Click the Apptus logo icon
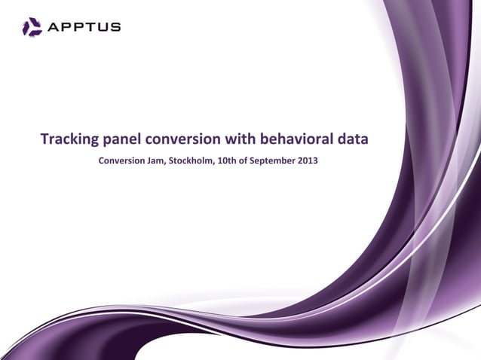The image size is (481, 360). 32,28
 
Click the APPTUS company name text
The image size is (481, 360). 83,28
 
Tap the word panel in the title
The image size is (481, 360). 124,139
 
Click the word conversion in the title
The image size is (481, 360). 184,139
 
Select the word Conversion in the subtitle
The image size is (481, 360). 124,160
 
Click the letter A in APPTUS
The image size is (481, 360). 54,28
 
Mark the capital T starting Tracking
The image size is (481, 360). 44,139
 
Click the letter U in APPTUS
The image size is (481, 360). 102,28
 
